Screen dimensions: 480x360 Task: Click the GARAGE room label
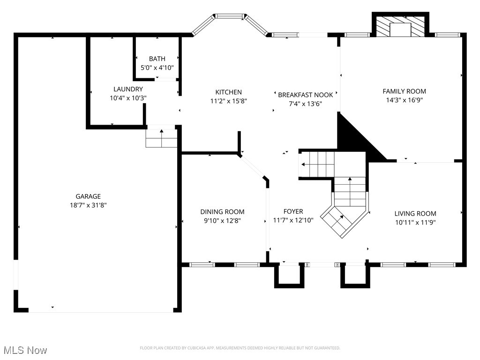coord(88,196)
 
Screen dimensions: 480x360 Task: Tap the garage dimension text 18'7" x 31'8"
coord(88,205)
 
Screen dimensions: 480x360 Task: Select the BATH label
coord(157,59)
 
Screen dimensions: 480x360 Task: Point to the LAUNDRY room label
coord(128,89)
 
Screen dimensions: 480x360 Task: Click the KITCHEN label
coord(228,92)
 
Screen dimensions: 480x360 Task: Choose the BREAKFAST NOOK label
coord(305,95)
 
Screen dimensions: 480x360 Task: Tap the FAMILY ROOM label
coord(404,91)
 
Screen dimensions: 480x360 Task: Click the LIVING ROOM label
coord(415,214)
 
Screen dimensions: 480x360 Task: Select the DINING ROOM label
coord(222,212)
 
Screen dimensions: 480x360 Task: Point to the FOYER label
coord(293,211)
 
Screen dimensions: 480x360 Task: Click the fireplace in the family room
coord(400,24)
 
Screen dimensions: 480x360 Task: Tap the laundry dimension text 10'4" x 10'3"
coord(128,98)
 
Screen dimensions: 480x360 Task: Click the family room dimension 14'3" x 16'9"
coord(404,100)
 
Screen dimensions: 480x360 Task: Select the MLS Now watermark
coord(25,350)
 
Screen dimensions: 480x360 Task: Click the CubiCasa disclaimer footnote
coord(240,348)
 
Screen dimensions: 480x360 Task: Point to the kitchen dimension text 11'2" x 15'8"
coord(228,101)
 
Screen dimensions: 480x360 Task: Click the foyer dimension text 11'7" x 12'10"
coord(293,220)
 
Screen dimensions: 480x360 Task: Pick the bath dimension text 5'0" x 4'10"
coord(157,67)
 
